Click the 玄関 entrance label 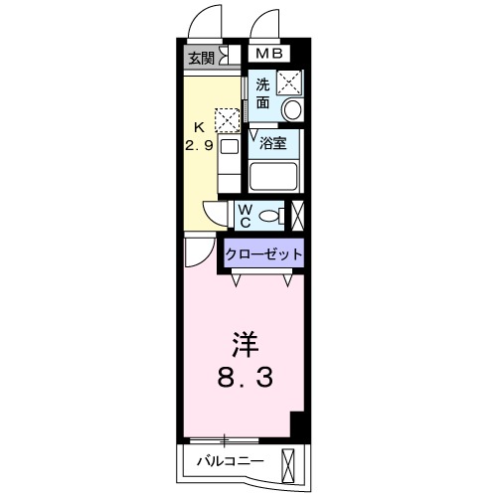(201, 57)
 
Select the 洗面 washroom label (262, 92)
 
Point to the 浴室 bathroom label (273, 142)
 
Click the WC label (246, 214)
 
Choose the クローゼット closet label (263, 254)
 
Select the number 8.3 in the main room (245, 378)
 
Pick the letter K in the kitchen (198, 126)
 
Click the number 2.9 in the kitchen (198, 143)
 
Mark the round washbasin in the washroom (291, 108)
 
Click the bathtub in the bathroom (274, 177)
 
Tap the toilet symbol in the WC (276, 214)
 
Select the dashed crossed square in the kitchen (228, 120)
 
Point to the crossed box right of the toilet (297, 214)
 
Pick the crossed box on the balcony (289, 463)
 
